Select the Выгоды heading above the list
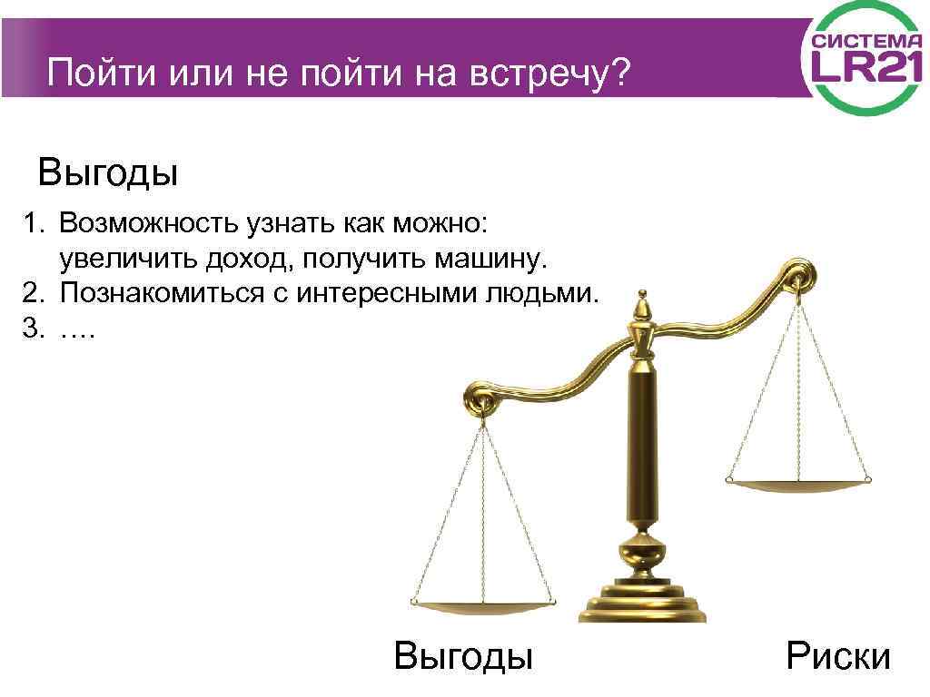(x=107, y=172)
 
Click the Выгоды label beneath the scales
(x=463, y=654)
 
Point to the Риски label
(x=838, y=654)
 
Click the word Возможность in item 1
(x=151, y=223)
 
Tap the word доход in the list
(x=249, y=260)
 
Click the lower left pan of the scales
(x=482, y=603)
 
